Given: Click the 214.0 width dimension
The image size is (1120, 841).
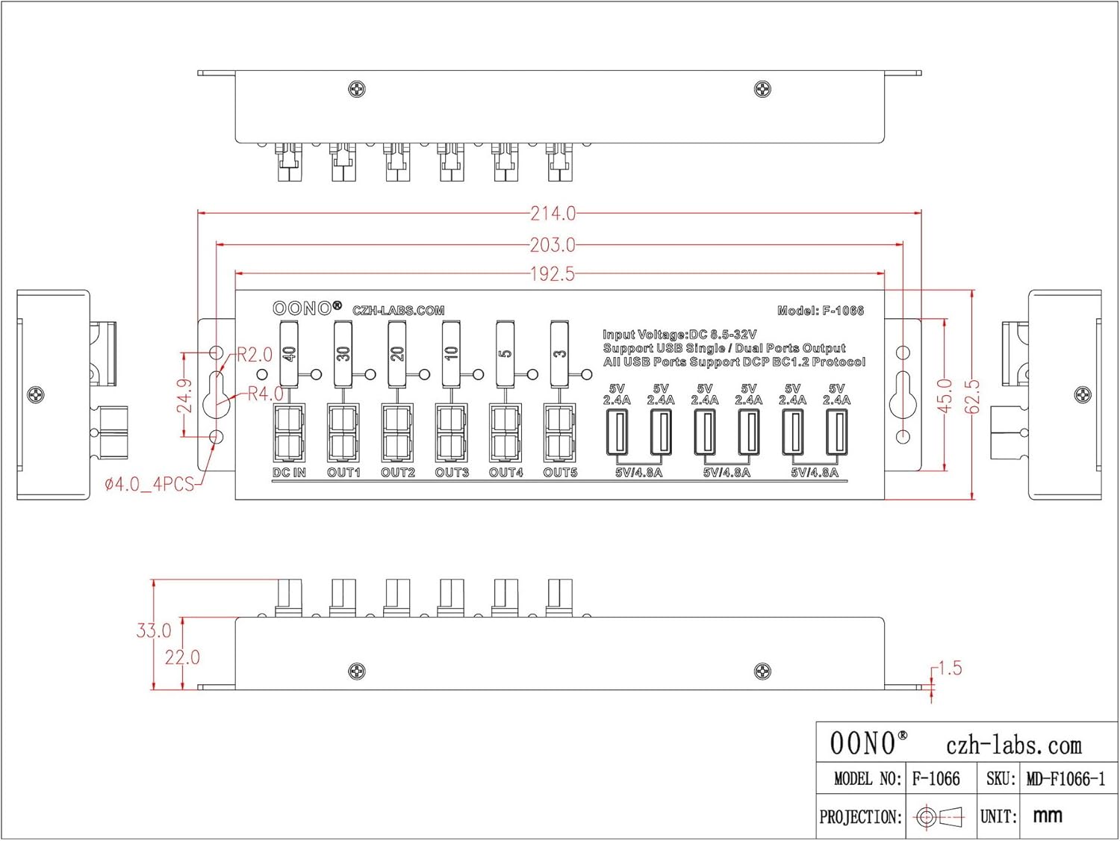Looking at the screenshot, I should click(x=553, y=214).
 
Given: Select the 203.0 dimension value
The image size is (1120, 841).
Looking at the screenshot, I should click(x=553, y=244).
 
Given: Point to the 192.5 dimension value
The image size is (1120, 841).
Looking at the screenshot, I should click(x=553, y=274).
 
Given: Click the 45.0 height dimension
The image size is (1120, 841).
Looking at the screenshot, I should click(x=945, y=395).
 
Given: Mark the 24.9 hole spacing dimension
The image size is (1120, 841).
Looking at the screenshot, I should click(x=184, y=395).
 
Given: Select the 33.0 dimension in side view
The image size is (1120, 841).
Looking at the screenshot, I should click(x=153, y=630).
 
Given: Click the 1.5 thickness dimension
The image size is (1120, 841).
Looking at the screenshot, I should click(x=949, y=668).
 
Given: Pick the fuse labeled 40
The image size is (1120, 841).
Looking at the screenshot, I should click(x=290, y=353).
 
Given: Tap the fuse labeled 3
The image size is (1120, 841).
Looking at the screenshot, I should click(x=560, y=353).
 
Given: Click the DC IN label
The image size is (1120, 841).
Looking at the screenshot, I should click(x=289, y=473).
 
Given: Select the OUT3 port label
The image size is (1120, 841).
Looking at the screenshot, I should click(x=452, y=473).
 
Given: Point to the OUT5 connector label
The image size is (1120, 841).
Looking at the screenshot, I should click(x=560, y=473).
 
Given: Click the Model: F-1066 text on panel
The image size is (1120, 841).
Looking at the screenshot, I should click(x=820, y=311).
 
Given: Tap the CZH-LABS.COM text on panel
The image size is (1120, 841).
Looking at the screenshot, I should click(x=398, y=311).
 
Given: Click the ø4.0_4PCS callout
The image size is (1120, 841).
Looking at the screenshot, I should click(x=149, y=485).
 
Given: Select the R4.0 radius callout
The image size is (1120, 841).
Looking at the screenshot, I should click(x=265, y=394).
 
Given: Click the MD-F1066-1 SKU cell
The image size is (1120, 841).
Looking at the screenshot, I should click(x=1065, y=779).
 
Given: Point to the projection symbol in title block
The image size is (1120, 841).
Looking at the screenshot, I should click(x=941, y=816).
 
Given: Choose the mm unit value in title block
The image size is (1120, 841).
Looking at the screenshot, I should click(x=1048, y=816).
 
